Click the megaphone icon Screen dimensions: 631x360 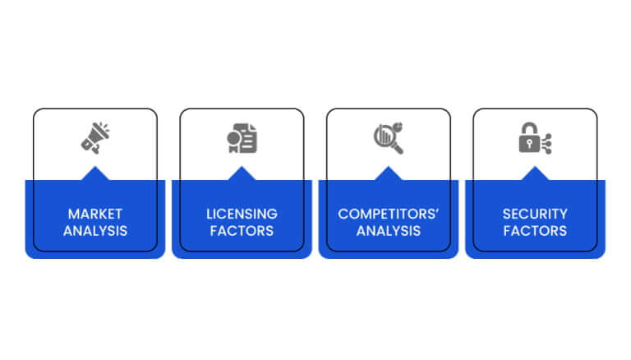point(95,138)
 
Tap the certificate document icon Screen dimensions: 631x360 point(242,138)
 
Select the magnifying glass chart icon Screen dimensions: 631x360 point(389,138)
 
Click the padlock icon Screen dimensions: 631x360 point(535,138)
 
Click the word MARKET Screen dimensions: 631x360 point(95,214)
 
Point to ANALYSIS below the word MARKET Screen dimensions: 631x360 point(95,231)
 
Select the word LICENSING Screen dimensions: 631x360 point(242,214)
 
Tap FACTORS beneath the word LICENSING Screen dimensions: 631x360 point(242,231)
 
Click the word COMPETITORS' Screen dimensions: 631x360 point(389,214)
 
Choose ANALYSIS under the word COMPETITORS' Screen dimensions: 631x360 point(389,231)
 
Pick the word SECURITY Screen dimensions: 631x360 point(535,214)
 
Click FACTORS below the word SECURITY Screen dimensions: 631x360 point(535,231)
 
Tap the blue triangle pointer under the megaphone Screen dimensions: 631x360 point(95,174)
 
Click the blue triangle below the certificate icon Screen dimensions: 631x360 point(242,174)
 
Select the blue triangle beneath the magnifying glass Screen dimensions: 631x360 point(389,174)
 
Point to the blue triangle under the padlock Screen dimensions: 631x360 point(535,174)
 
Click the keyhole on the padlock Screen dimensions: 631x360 point(529,144)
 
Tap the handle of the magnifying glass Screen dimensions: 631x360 point(398,148)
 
